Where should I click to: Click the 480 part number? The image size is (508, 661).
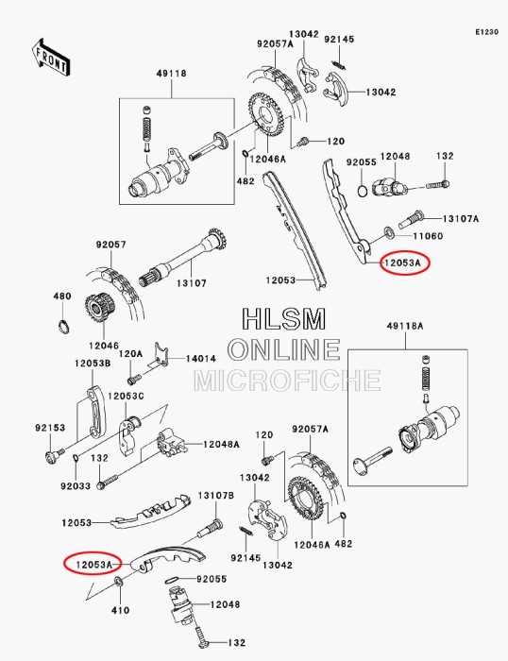tap(62, 297)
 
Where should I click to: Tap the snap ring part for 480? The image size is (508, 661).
tap(63, 328)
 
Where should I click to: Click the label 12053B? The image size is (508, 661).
tap(93, 363)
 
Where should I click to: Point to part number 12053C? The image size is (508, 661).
tap(125, 396)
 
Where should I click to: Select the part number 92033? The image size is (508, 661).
tap(76, 486)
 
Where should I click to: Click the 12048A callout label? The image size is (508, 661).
tap(221, 443)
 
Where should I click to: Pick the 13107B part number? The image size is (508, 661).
tap(215, 496)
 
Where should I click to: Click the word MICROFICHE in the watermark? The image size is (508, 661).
tap(287, 381)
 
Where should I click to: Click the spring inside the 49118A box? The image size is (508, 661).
tap(424, 379)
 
